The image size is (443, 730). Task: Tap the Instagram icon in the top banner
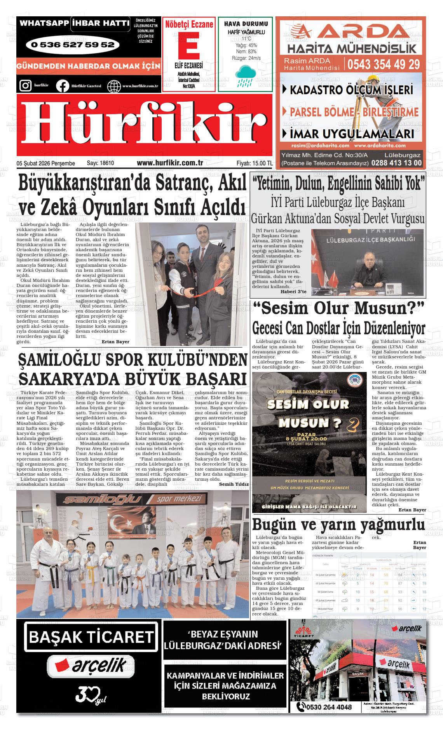tap(25, 85)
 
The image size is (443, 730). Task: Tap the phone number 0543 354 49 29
tap(384, 64)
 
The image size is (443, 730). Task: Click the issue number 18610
tap(106, 163)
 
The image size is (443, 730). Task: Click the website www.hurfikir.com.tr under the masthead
tap(170, 163)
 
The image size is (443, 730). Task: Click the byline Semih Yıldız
tap(234, 484)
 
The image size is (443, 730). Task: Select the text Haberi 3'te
tap(293, 291)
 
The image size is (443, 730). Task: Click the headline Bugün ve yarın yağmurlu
tap(338, 525)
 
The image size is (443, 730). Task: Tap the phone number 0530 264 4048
tap(329, 707)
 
